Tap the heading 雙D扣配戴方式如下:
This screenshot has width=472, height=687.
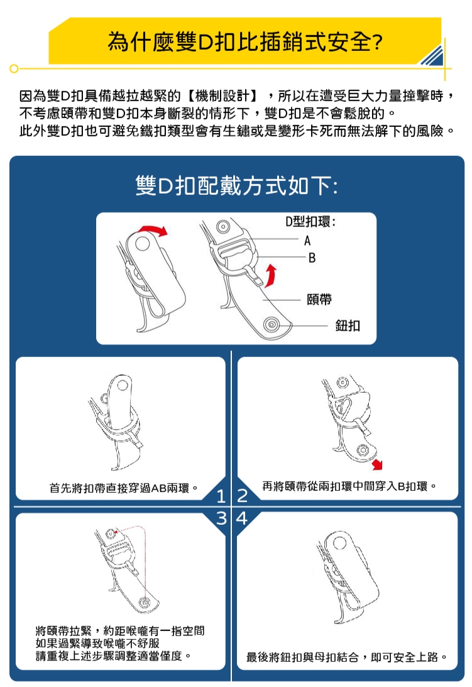(x=237, y=186)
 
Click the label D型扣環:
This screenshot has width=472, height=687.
(x=310, y=222)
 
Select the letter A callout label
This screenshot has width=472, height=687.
(x=307, y=241)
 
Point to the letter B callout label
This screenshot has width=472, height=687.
(x=312, y=258)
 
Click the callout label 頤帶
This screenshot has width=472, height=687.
(x=319, y=300)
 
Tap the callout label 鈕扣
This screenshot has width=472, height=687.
(x=348, y=326)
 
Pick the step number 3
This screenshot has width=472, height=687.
(x=221, y=519)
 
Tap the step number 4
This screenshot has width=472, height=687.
(x=243, y=519)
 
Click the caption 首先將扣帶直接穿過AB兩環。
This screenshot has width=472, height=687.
(x=124, y=488)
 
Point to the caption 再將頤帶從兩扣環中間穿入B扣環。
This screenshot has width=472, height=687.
(x=349, y=486)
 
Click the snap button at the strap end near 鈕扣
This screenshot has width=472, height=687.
(x=272, y=325)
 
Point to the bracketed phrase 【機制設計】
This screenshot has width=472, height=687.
(x=222, y=95)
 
